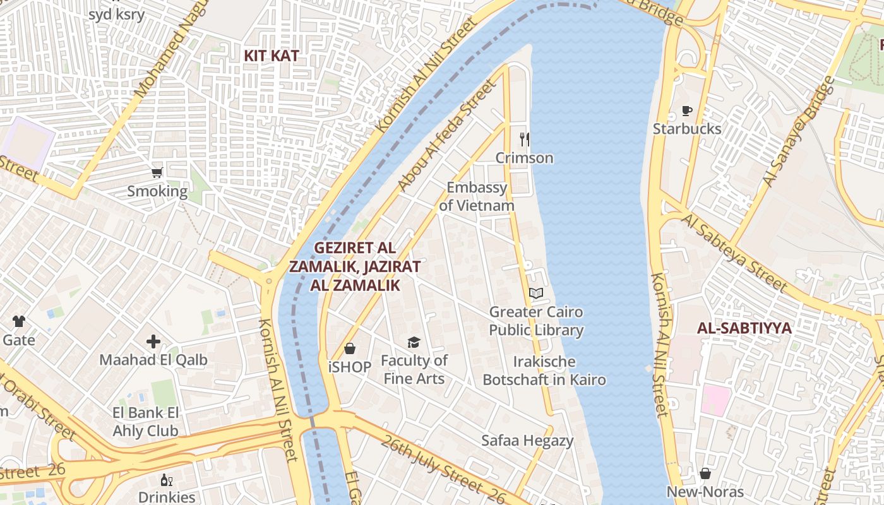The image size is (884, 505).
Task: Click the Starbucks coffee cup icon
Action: [687, 111]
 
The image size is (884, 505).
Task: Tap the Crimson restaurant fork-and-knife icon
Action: [524, 139]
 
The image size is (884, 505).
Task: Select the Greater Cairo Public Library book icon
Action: [536, 293]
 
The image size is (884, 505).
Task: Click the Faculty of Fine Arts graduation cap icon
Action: [414, 342]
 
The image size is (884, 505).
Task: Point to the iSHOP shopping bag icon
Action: [350, 348]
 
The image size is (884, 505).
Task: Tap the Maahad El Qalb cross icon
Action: [153, 342]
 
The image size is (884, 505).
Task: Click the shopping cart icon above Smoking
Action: [157, 172]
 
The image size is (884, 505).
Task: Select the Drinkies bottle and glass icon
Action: [167, 480]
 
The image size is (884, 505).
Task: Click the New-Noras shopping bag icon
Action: [705, 473]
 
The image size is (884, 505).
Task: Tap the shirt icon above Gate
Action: [18, 321]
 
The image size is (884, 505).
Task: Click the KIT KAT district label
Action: [272, 56]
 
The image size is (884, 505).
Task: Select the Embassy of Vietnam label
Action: [477, 196]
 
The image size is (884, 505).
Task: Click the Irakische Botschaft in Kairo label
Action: [544, 371]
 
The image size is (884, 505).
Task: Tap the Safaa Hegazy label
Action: [527, 441]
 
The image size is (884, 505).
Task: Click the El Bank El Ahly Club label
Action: [145, 422]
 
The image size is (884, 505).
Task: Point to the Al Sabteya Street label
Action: [735, 252]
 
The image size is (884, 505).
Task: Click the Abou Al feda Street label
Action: [446, 135]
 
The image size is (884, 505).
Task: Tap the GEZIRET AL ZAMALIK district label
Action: [355, 266]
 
